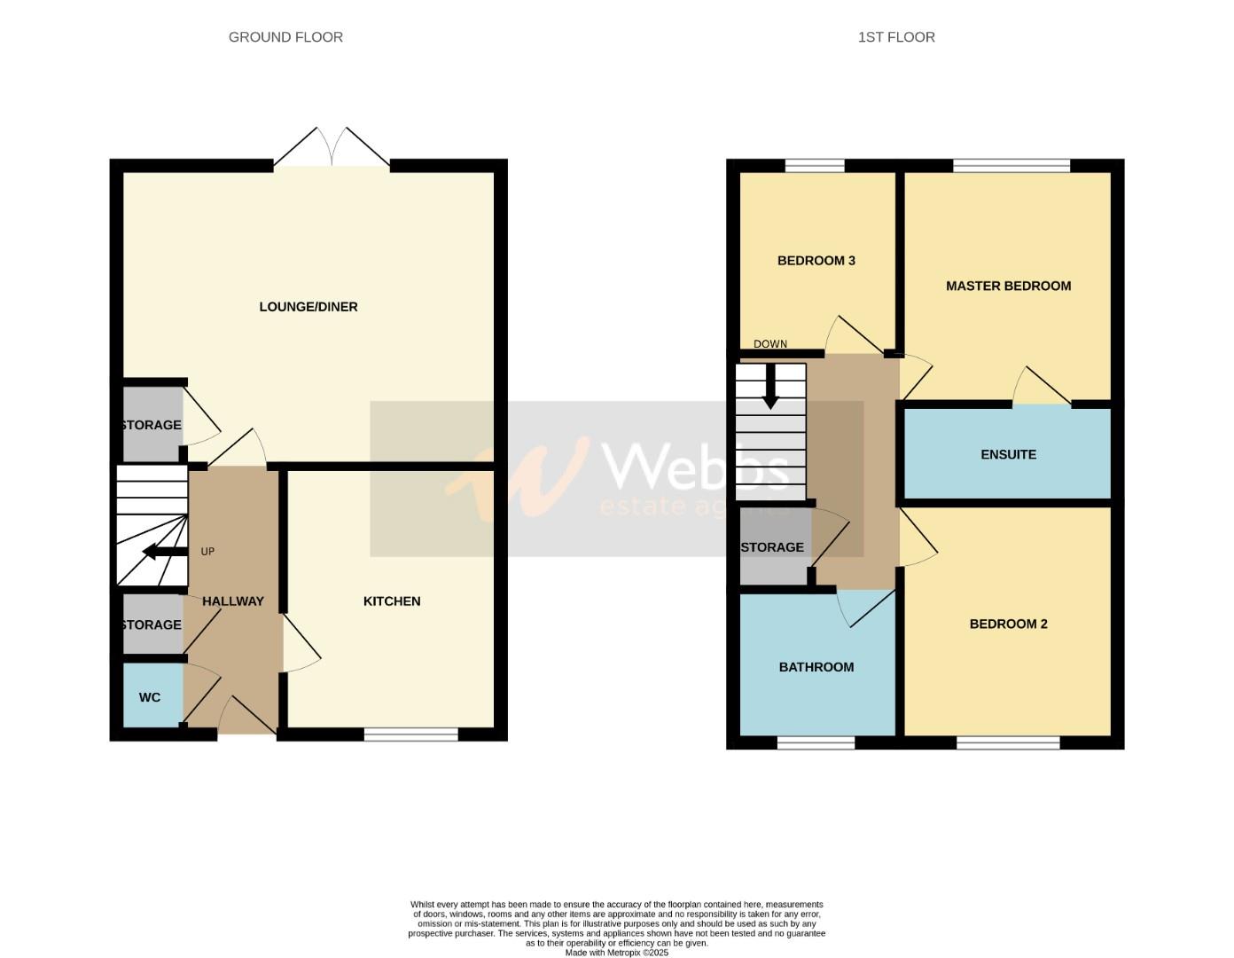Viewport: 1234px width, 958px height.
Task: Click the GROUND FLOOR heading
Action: click(285, 37)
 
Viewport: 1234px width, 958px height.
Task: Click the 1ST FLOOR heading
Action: click(896, 37)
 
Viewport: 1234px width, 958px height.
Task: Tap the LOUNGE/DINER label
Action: click(308, 307)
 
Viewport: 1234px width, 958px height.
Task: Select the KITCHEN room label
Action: click(392, 601)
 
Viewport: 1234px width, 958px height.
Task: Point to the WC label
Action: click(150, 698)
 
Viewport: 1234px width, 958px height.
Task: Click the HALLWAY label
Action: click(233, 601)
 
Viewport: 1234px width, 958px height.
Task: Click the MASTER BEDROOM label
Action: click(1008, 286)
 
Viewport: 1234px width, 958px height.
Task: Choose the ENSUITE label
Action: click(1008, 454)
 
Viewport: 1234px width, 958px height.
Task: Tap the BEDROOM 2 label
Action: click(1008, 624)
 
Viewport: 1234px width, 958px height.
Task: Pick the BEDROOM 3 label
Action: click(816, 261)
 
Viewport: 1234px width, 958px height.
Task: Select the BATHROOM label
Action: click(816, 667)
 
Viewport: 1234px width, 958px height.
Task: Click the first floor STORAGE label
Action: click(772, 547)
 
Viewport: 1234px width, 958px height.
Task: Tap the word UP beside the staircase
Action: click(207, 552)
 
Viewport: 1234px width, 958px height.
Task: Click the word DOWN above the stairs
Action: click(770, 344)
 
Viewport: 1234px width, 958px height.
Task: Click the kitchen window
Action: click(410, 734)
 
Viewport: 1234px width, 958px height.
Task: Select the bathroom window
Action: click(816, 742)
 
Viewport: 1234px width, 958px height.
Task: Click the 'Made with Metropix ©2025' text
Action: click(617, 953)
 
